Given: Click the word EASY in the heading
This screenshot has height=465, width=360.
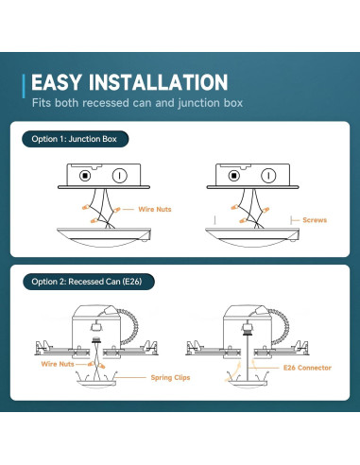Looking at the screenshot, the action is coord(56,82).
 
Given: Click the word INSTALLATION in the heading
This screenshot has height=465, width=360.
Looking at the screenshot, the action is coord(158,82).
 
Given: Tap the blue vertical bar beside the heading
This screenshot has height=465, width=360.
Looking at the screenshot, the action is coord(24,86).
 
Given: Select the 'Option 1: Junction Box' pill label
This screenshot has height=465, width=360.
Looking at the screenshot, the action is coord(76,139).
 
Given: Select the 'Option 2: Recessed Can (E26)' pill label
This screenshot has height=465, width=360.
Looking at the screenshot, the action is coord(89,282).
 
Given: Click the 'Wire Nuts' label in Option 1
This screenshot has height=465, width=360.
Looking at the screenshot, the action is coord(155,209).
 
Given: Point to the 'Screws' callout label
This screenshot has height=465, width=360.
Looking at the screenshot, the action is coord(315,220).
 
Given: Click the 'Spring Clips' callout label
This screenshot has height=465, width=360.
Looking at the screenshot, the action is coord(170,377).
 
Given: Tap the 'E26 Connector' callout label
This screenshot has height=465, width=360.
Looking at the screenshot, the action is coord(307,368).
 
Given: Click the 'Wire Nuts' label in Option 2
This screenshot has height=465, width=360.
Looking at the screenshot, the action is coord(58,364).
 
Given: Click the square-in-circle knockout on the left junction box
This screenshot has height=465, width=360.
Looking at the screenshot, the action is coord(85,176).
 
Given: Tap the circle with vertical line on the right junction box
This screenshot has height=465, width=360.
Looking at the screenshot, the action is coord(268,176).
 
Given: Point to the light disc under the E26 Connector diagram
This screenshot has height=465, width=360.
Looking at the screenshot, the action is coord(248,384).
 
